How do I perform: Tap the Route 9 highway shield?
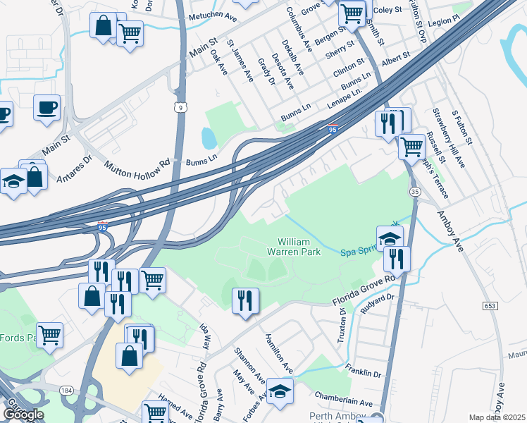181,107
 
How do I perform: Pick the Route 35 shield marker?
415,191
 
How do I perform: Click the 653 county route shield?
491,306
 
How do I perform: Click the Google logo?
23,415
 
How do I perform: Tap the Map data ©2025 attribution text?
497,417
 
